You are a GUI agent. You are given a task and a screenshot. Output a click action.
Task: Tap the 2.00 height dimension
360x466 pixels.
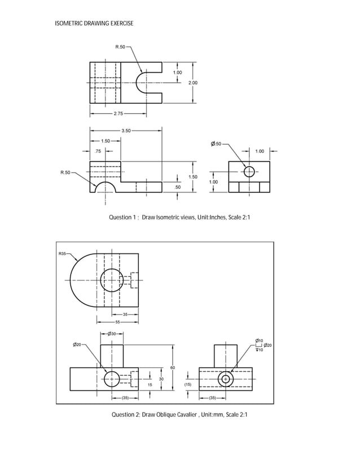(193, 82)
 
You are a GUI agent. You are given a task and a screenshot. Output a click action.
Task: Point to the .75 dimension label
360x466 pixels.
(98, 151)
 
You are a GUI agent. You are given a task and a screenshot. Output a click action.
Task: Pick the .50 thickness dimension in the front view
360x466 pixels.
(178, 187)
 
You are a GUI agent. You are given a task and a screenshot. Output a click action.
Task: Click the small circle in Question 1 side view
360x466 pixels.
(249, 172)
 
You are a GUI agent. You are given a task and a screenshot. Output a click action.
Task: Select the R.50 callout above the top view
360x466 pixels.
(120, 46)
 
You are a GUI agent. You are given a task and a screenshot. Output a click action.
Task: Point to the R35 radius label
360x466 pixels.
(64, 254)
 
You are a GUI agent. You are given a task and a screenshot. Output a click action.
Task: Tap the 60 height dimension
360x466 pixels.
(172, 367)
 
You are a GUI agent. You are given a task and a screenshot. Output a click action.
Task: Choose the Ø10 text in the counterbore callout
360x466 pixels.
(260, 340)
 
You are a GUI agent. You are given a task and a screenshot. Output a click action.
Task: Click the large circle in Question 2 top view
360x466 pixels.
(112, 280)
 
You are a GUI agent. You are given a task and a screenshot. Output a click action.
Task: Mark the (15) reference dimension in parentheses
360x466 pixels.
(188, 384)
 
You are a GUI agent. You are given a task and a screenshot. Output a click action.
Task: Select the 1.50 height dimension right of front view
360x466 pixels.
(193, 177)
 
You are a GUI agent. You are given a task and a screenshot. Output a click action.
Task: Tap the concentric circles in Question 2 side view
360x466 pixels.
(226, 379)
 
